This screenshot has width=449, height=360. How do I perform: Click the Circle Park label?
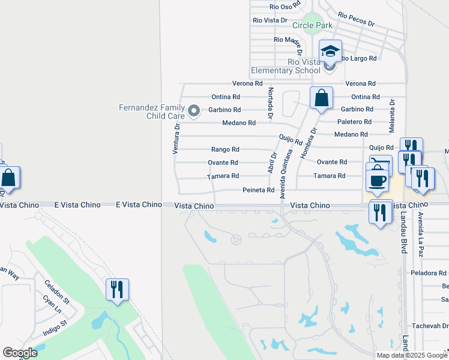pos(312,26)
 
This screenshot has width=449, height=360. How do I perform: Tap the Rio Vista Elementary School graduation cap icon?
pos(330,51)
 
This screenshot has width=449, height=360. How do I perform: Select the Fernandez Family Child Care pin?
pos(193,111)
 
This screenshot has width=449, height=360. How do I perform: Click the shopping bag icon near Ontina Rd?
pos(321,97)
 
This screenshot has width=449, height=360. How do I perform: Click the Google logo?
pos(20,353)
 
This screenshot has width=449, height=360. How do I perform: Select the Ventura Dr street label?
pos(176,139)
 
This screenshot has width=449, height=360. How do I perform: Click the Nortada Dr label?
pos(271,103)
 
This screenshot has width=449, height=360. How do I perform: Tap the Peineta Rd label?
pos(258,190)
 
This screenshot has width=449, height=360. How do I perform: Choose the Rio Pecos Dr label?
pos(356,19)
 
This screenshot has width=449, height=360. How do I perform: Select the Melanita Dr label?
pos(392,116)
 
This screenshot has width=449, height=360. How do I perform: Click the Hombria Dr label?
pos(309,144)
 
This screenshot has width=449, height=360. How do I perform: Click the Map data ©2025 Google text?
pos(411,355)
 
